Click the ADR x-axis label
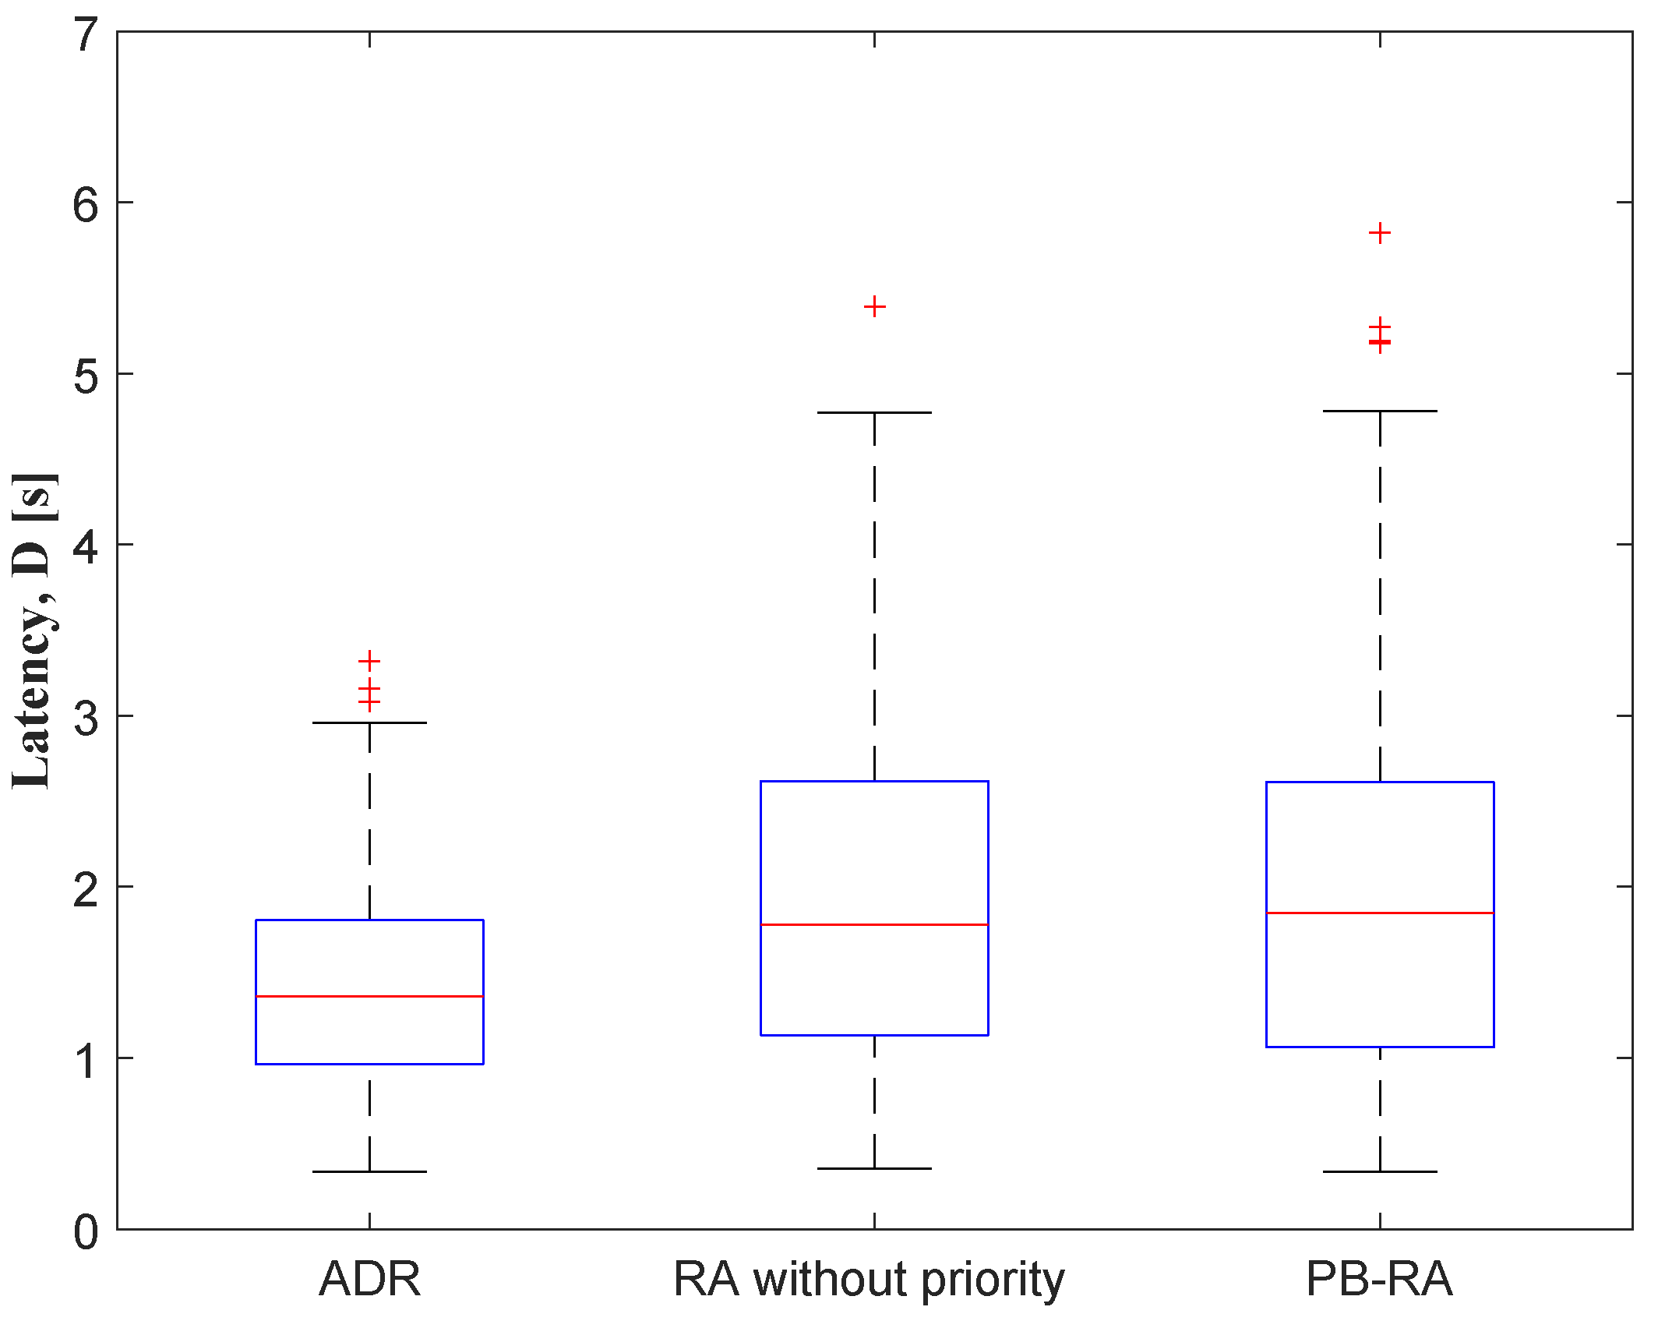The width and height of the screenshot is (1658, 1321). [369, 1279]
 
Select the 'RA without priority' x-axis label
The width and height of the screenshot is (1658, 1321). [869, 1279]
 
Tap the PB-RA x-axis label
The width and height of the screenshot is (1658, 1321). [1379, 1279]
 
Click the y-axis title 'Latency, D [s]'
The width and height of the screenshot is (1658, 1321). [34, 631]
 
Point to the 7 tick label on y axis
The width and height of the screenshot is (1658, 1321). [86, 35]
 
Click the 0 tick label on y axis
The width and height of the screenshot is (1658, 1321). [86, 1232]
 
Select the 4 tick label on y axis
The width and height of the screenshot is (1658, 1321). [86, 547]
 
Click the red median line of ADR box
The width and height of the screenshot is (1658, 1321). [369, 996]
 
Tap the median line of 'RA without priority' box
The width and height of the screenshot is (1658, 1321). [874, 924]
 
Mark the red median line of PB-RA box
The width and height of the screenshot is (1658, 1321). [1380, 913]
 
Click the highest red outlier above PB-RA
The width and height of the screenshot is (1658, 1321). [1380, 233]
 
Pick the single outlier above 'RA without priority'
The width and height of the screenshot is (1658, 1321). [874, 306]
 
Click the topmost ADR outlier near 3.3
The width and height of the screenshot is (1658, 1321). [369, 661]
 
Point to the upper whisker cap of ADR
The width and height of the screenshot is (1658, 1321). [369, 722]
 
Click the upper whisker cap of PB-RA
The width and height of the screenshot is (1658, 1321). [1380, 411]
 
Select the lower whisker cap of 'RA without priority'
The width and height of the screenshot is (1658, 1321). [874, 1168]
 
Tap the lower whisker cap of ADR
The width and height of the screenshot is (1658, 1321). [369, 1171]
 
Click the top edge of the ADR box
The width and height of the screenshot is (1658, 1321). [369, 920]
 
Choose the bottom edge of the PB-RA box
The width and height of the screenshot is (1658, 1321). [1380, 1047]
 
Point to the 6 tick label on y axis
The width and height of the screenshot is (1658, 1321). [86, 205]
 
